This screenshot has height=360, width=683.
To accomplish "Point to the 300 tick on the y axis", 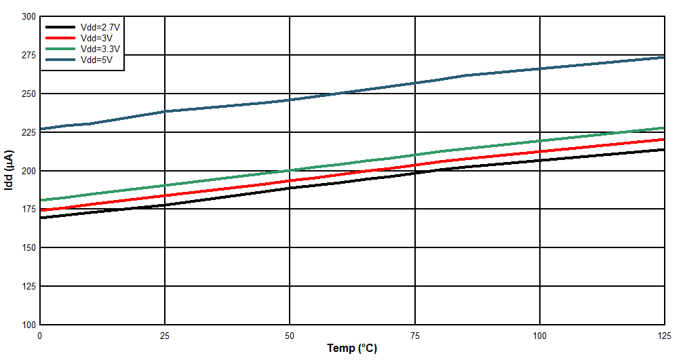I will pyautogui.click(x=28, y=16).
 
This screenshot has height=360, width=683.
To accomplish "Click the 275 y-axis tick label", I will pyautogui.click(x=28, y=55).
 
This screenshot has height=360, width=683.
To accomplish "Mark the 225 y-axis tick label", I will pyautogui.click(x=28, y=132).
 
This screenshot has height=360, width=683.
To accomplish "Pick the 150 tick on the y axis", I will pyautogui.click(x=28, y=248).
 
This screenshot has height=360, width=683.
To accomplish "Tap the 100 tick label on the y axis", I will pyautogui.click(x=28, y=325).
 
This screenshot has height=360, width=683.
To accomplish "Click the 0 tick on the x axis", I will pyautogui.click(x=40, y=336).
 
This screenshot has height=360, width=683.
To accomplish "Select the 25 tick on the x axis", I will pyautogui.click(x=165, y=336).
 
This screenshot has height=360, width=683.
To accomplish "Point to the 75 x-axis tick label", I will pyautogui.click(x=414, y=336).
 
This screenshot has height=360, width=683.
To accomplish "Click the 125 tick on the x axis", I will pyautogui.click(x=663, y=336).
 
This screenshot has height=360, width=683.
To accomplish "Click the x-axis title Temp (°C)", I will pyautogui.click(x=352, y=348).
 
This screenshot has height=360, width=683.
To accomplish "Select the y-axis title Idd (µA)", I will pyautogui.click(x=9, y=169).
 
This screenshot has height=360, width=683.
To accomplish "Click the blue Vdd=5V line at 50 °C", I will pyautogui.click(x=290, y=100).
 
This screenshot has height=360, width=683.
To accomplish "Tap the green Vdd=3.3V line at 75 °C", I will pyautogui.click(x=414, y=155).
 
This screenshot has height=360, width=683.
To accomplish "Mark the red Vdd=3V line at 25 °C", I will pyautogui.click(x=165, y=196).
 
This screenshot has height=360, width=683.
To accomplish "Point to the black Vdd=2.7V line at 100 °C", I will pyautogui.click(x=539, y=160).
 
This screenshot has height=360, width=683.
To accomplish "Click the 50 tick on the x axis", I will pyautogui.click(x=290, y=336).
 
